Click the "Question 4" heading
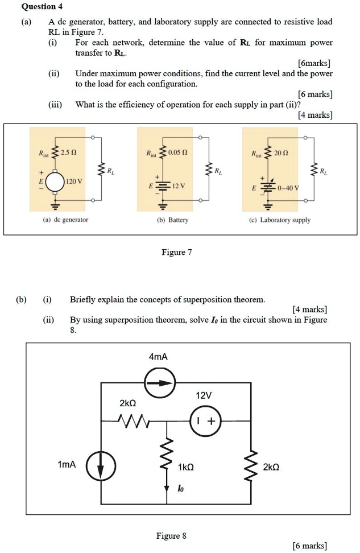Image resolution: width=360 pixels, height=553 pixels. click(42, 7)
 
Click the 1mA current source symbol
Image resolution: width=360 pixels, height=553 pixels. click(101, 465)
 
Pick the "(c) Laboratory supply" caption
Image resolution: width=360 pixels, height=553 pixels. click(284, 220)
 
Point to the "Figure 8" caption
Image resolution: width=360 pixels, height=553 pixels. click(171, 535)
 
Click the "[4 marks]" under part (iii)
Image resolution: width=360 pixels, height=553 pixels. click(315, 115)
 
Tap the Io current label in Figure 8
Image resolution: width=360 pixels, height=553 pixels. click(180, 489)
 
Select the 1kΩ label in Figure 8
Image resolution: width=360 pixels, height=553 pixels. click(186, 467)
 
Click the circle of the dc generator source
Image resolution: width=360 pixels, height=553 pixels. click(55, 181)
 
